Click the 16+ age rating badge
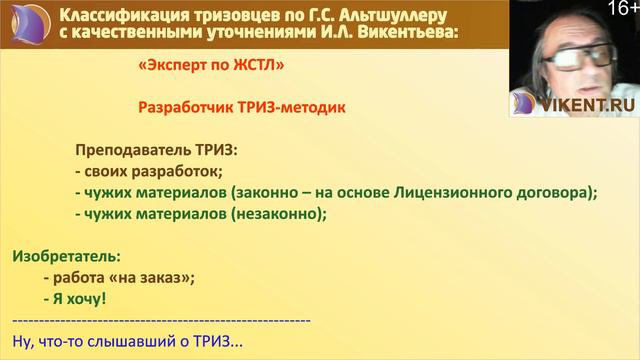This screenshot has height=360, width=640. pyautogui.click(x=620, y=9)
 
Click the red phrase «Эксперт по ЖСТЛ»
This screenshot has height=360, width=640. pyautogui.click(x=203, y=67)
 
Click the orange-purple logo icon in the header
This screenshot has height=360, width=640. pyautogui.click(x=25, y=23)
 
